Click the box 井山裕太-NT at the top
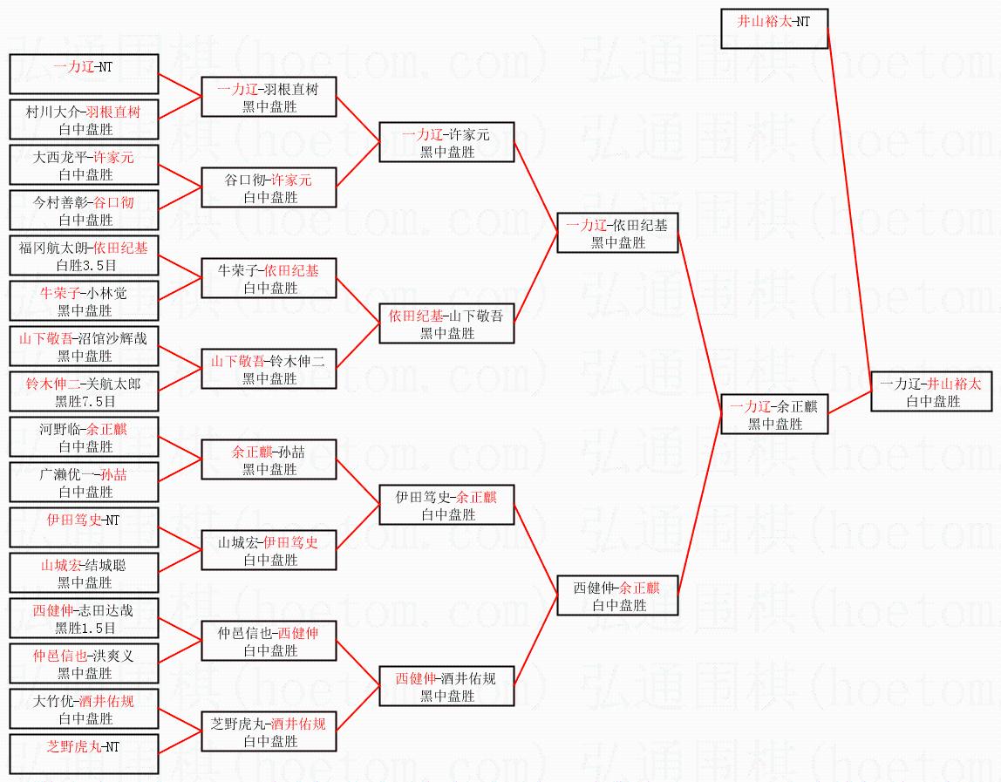tap(774, 30)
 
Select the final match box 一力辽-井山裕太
tap(931, 391)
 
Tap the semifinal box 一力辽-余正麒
tap(773, 414)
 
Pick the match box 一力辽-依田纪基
tap(617, 233)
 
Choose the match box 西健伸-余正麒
tap(617, 595)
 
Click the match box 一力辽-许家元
tap(446, 142)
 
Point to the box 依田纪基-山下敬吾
tap(446, 323)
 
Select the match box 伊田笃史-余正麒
tap(446, 505)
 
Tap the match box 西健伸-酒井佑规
tap(446, 686)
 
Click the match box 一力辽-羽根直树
tap(269, 97)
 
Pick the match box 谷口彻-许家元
tap(269, 187)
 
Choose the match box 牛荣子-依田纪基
tap(269, 278)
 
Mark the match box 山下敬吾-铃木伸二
tap(269, 369)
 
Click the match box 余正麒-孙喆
tap(269, 459)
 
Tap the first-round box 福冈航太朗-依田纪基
tap(84, 255)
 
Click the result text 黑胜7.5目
tap(85, 401)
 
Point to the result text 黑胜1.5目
tap(85, 628)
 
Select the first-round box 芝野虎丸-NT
tap(84, 754)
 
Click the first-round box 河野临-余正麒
tap(84, 437)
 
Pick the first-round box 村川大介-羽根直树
tap(84, 119)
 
